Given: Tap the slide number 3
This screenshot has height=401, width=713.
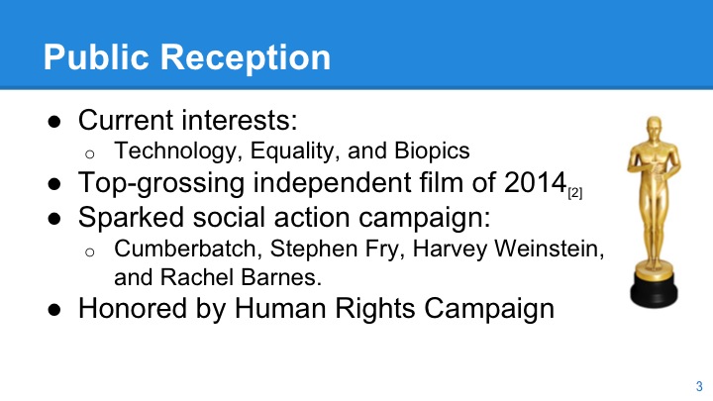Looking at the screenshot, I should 699,385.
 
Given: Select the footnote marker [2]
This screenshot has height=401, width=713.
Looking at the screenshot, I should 574,193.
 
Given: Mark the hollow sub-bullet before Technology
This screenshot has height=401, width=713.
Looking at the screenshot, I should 88,153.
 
